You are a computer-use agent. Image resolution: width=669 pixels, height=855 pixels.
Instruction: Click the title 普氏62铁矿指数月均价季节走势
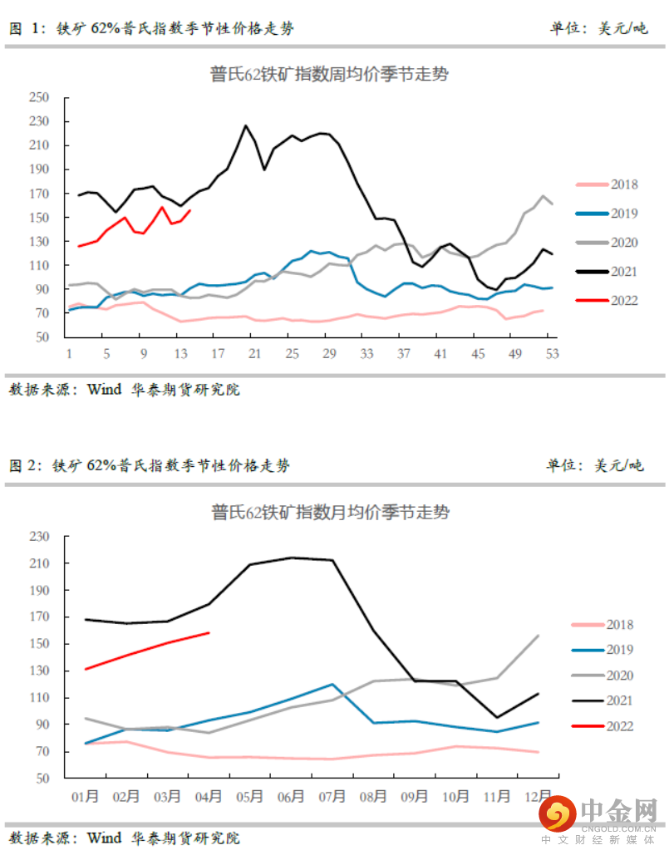tap(330, 513)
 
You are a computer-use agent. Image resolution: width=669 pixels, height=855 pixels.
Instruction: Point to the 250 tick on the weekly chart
tap(40, 97)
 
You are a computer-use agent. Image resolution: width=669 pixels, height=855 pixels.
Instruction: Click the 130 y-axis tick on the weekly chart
tap(40, 242)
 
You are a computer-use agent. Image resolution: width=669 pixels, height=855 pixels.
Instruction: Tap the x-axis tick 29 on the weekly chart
tap(329, 353)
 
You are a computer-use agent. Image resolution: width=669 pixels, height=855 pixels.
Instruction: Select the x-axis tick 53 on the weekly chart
tap(551, 353)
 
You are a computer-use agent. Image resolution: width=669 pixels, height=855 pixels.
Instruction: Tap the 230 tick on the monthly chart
tap(40, 537)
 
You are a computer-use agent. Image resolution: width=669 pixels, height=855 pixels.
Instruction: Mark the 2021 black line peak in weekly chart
tap(245, 125)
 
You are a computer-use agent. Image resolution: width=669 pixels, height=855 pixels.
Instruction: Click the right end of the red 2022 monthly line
tap(209, 633)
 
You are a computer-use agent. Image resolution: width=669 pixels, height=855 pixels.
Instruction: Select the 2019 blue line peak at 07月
tap(332, 685)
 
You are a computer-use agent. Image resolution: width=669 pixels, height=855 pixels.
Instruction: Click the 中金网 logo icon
tap(558, 813)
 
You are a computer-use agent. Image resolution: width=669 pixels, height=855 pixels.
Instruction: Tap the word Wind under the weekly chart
tap(104, 389)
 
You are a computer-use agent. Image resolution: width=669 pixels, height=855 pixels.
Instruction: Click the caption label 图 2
tap(25, 465)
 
